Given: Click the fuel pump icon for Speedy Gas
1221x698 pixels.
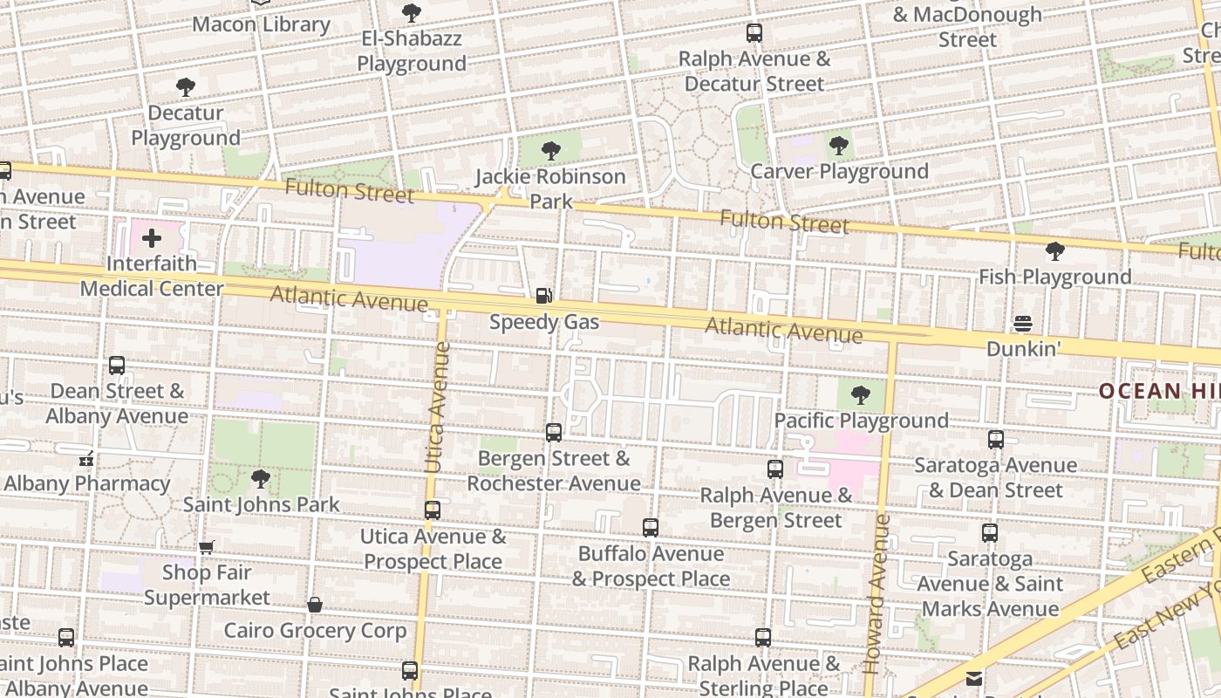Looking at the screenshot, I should pyautogui.click(x=544, y=297).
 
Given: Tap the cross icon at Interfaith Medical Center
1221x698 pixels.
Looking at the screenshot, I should pyautogui.click(x=152, y=238).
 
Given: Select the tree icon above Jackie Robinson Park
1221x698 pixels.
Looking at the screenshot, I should pyautogui.click(x=550, y=151).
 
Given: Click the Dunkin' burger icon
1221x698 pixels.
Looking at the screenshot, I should pyautogui.click(x=1023, y=324).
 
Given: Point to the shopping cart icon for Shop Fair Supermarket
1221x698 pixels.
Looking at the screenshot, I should pyautogui.click(x=206, y=548).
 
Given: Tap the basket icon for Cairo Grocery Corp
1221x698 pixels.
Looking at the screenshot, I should pyautogui.click(x=315, y=605).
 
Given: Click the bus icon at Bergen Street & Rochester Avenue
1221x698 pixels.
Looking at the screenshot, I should pyautogui.click(x=553, y=433).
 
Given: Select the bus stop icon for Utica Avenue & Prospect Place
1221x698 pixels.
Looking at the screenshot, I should pyautogui.click(x=433, y=510).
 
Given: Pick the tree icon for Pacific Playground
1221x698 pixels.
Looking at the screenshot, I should pyautogui.click(x=861, y=395).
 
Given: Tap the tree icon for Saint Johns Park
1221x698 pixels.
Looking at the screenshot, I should pyautogui.click(x=260, y=479).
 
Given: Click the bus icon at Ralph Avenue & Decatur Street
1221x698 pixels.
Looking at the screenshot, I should pyautogui.click(x=754, y=34).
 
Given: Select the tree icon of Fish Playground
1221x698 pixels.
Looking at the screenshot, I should pyautogui.click(x=1054, y=251).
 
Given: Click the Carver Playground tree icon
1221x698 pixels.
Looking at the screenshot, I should pyautogui.click(x=839, y=146).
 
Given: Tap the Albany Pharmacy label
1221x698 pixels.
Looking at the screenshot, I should pyautogui.click(x=86, y=483).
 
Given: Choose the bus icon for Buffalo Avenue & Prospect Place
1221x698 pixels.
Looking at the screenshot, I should pyautogui.click(x=651, y=528).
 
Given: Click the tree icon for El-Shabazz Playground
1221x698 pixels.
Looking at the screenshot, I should pyautogui.click(x=412, y=13).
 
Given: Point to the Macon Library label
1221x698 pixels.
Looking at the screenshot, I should pyautogui.click(x=261, y=24).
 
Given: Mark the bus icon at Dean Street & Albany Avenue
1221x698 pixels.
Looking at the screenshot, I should pyautogui.click(x=117, y=366).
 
